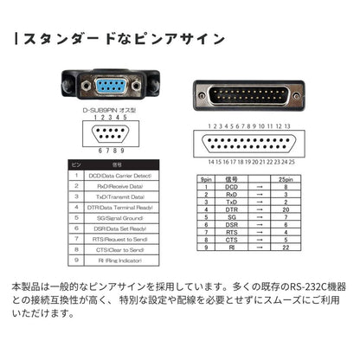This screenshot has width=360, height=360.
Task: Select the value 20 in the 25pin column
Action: (x=285, y=209)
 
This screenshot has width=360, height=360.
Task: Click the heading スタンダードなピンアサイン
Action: (x=122, y=40)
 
